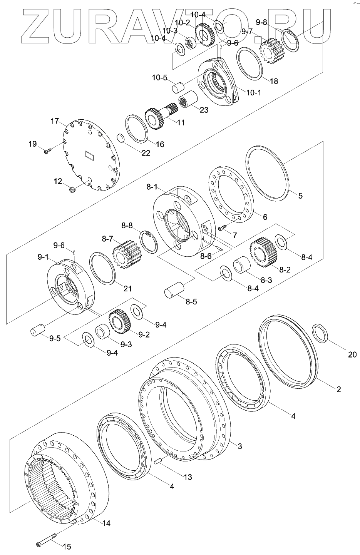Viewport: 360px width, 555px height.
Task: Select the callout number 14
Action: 106,523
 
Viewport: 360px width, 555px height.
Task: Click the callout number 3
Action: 239,446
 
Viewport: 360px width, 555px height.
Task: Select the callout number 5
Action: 300,196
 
